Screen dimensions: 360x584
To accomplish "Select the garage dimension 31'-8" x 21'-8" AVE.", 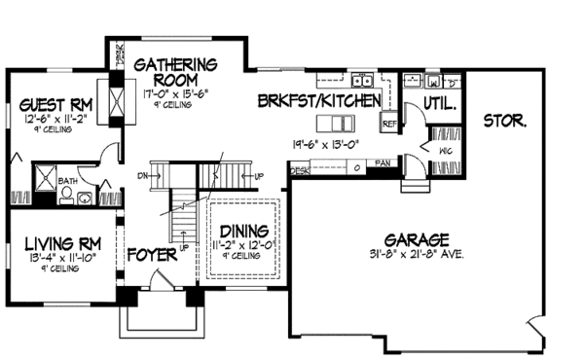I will (x=415, y=254).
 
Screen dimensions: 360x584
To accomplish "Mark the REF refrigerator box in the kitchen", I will (x=388, y=124).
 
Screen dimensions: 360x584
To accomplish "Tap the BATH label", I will (x=69, y=180).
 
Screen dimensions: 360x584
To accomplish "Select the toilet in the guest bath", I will (x=66, y=195).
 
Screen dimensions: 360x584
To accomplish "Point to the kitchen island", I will (x=342, y=123).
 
